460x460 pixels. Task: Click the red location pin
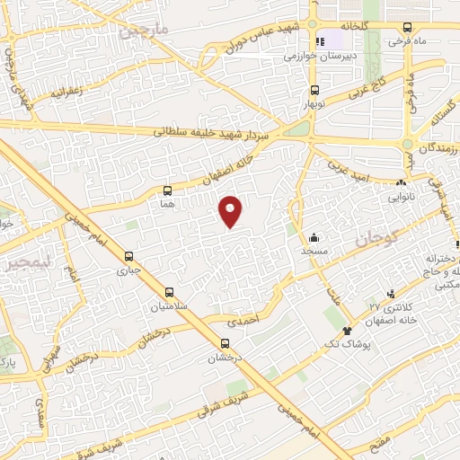point(231,211)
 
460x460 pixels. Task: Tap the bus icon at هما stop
point(167,190)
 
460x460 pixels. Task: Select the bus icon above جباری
point(128,254)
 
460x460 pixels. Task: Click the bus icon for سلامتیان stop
point(170,292)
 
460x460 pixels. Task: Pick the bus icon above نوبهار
point(314,90)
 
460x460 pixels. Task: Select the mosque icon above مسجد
point(314,238)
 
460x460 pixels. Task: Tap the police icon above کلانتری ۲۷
point(391,293)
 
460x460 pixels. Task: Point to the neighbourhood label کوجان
point(375,240)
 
